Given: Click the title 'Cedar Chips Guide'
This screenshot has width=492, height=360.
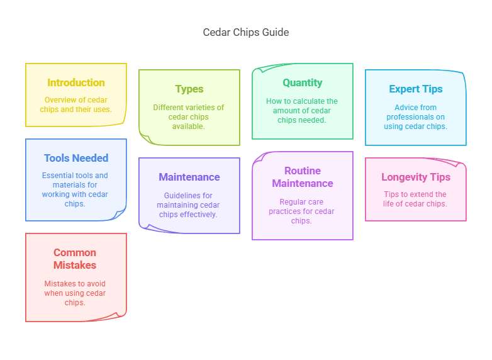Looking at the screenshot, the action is coord(245,32).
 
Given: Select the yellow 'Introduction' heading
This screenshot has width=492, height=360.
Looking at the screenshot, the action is coord(76,82).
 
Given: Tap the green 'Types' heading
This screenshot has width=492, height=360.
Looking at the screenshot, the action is coord(189,89).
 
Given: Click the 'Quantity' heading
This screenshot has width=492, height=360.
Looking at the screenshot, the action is coord(302,82).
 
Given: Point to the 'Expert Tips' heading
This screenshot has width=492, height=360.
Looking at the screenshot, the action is coord(415,89).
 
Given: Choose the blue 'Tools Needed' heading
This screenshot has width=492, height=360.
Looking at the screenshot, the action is coord(76,158).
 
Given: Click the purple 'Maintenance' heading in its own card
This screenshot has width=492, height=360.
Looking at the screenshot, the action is coord(189,177).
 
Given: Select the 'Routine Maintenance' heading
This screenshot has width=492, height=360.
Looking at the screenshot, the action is coord(302,177).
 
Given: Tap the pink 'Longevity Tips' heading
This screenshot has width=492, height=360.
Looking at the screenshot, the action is coord(415,177).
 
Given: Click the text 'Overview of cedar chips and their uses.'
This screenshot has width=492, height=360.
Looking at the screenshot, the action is coord(76,104).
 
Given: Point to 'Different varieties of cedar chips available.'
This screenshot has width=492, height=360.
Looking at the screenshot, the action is coord(189,117).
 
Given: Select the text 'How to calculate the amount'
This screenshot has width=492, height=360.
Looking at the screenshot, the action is coord(302,106).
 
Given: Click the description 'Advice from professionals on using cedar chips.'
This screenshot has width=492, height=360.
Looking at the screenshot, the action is coord(415,117).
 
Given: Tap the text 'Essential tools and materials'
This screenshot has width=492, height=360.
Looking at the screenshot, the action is coord(75,180).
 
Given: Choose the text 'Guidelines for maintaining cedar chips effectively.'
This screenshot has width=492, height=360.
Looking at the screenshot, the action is coord(189,205).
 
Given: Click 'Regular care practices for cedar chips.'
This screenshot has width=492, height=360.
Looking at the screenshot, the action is coord(302,211).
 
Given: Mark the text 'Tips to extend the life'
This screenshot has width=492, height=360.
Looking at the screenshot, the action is coord(415,199).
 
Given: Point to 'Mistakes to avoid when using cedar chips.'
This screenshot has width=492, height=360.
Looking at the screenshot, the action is coord(75,293).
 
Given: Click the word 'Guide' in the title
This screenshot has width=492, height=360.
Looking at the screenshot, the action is coord(276,32).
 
